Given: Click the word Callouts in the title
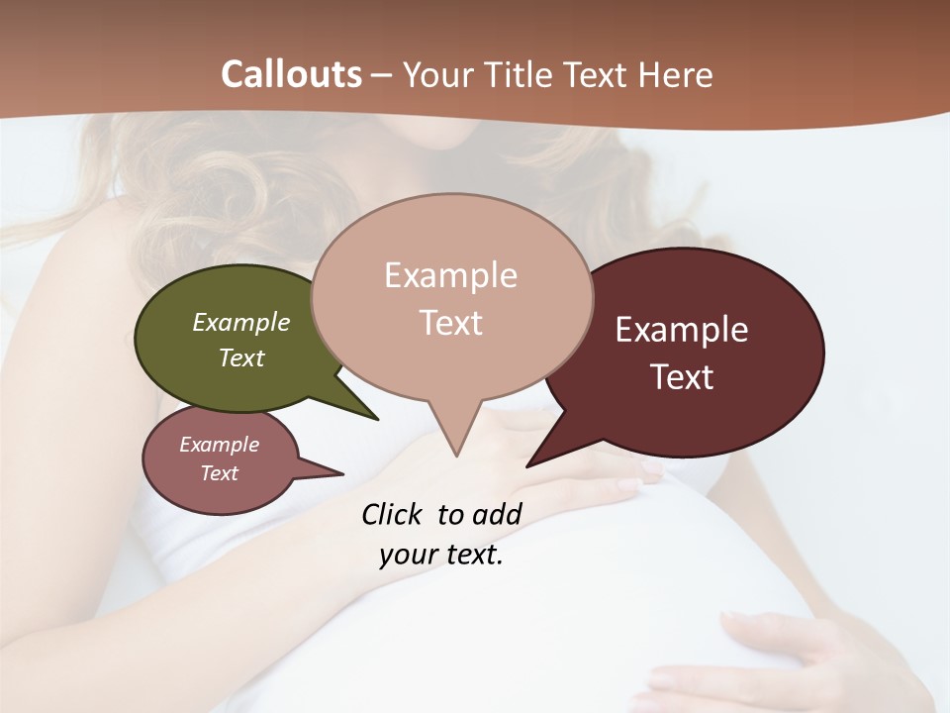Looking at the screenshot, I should click(x=291, y=74).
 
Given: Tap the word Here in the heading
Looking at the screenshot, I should click(x=675, y=74).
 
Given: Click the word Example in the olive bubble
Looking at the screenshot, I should click(x=241, y=322).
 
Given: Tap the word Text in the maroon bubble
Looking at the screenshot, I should click(x=683, y=377).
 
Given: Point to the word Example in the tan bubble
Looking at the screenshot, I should click(x=450, y=275).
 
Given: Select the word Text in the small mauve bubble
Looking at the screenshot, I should click(x=220, y=473).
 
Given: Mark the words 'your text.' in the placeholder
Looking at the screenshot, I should click(x=441, y=554).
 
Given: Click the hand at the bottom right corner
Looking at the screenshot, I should click(x=792, y=654).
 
